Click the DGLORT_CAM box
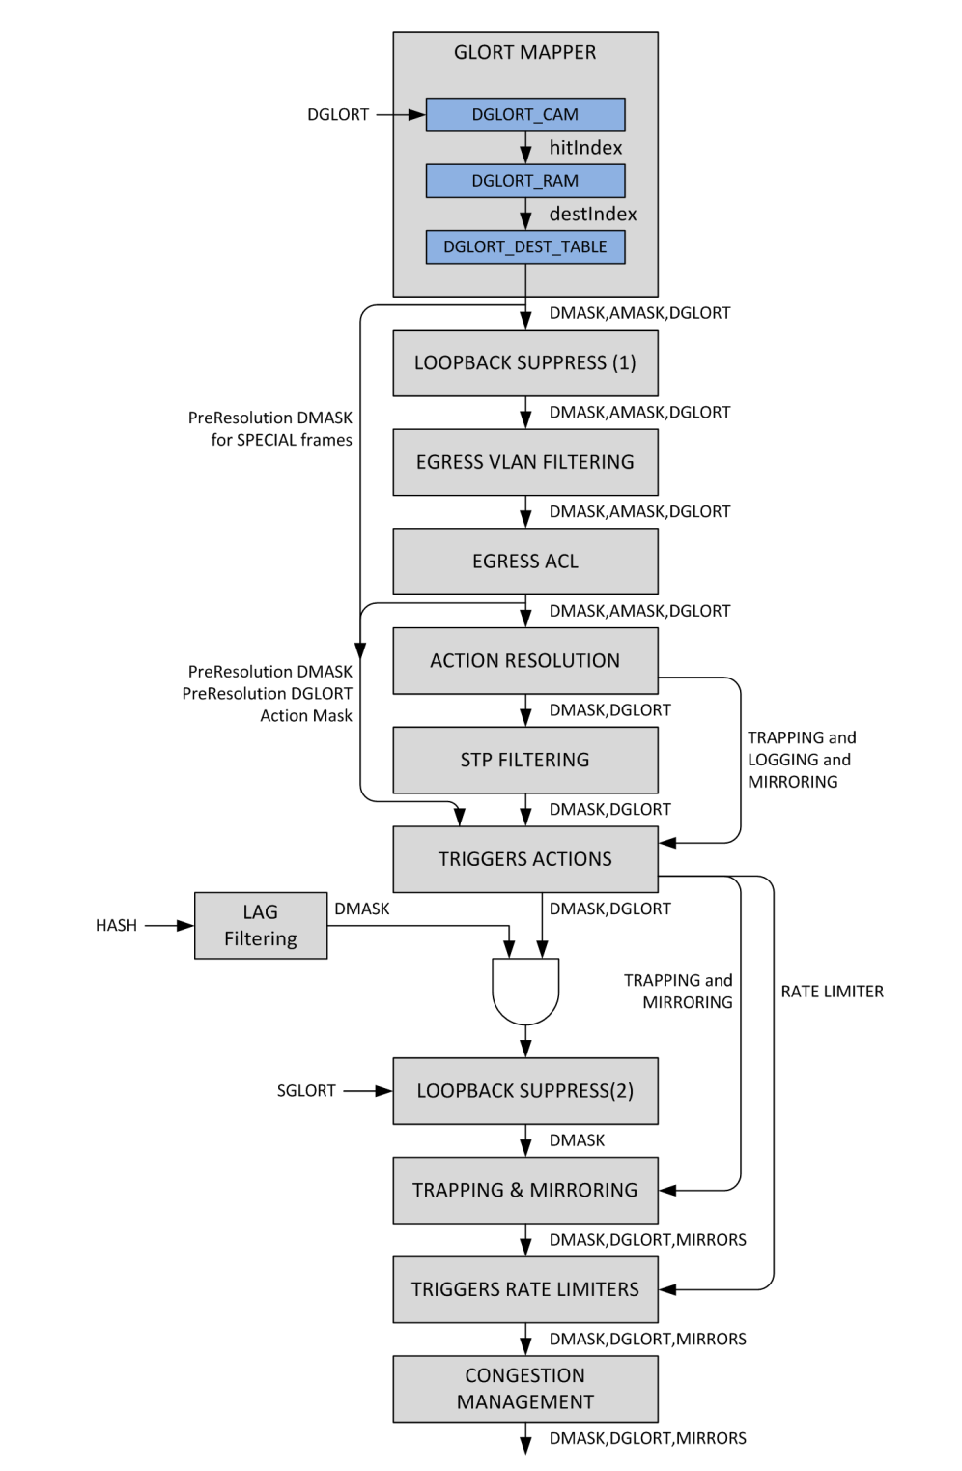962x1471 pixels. pos(525,114)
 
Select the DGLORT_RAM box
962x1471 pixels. pos(525,181)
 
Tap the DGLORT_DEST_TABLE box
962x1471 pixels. pos(525,246)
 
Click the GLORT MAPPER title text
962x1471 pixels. pos(525,52)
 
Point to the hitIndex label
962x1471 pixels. pos(585,148)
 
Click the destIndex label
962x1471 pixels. pos(592,215)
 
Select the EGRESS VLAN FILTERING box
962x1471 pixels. pos(525,462)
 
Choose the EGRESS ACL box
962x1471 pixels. pos(525,562)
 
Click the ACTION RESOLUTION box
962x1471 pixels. pos(525,661)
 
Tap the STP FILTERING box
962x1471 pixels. pos(525,760)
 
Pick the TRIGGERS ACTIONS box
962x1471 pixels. pos(525,859)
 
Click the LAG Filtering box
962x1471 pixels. pos(261,925)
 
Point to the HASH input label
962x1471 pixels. pos(116,925)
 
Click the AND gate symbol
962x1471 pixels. pos(525,991)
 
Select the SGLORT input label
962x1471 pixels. pos(306,1091)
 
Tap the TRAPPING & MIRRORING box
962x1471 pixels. pos(525,1190)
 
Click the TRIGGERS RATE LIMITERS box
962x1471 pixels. pos(525,1289)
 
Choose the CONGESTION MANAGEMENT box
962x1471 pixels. pos(525,1388)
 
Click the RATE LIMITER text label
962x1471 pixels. pos(832,991)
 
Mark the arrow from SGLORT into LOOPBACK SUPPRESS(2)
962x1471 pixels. pos(368,1091)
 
